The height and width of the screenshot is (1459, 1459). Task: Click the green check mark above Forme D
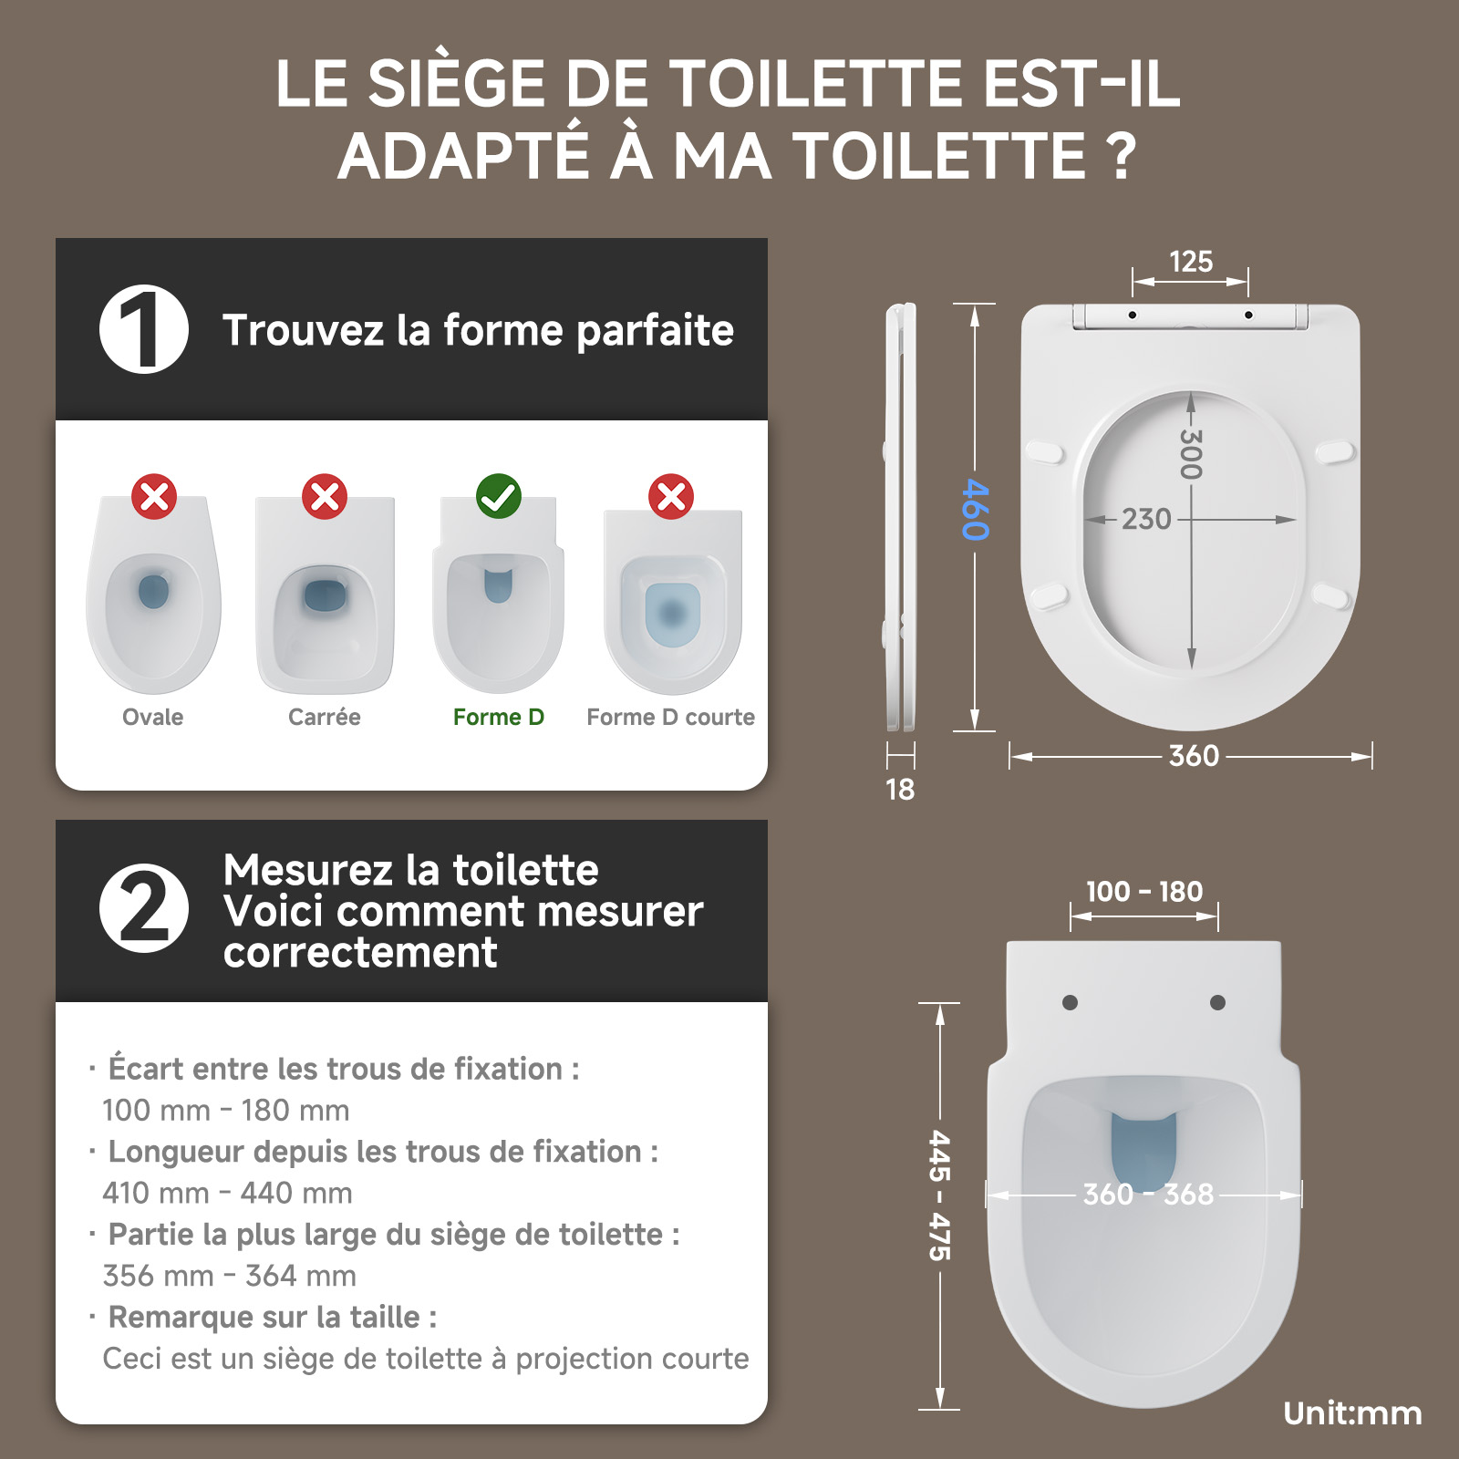tap(499, 496)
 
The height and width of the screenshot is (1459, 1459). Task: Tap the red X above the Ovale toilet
tap(154, 496)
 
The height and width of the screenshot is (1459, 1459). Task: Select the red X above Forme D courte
tap(671, 496)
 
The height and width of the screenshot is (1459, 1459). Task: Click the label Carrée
tap(325, 717)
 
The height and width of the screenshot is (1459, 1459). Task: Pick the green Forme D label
tap(499, 717)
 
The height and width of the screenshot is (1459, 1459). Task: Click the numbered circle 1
tap(144, 329)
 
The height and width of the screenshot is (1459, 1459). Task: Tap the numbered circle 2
tap(144, 908)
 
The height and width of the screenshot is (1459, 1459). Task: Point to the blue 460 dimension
tap(975, 509)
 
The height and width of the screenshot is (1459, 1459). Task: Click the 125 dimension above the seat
tap(1191, 262)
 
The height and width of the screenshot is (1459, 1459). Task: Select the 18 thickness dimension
tap(900, 790)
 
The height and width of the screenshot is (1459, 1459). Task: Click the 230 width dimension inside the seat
tap(1146, 519)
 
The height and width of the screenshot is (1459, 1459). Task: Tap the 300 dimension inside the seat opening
tap(1190, 453)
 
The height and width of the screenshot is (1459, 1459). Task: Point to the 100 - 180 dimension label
tap(1144, 891)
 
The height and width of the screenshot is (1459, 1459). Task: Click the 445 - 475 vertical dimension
tap(939, 1195)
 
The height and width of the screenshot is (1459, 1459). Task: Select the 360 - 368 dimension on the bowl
tap(1148, 1194)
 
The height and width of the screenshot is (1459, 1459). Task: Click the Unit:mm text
tap(1352, 1413)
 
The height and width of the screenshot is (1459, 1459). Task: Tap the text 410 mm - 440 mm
tap(227, 1193)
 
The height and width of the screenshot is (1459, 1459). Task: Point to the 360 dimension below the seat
tap(1194, 756)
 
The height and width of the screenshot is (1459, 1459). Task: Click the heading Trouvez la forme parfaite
tap(479, 330)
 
